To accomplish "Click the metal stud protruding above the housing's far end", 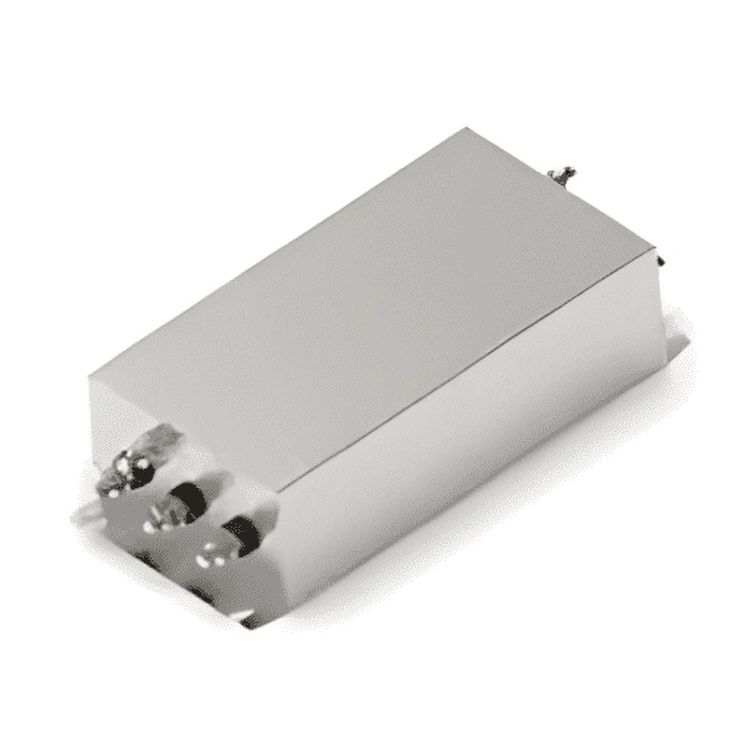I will (x=562, y=175).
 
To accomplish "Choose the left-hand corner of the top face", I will (x=90, y=379).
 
